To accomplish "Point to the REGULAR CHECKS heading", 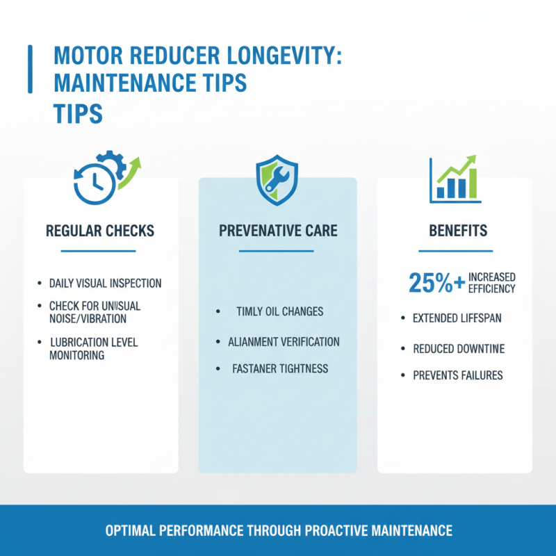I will click(x=100, y=231).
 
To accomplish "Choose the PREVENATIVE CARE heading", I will click(x=278, y=231).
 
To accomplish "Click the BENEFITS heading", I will click(x=455, y=231).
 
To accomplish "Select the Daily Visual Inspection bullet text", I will click(x=105, y=284).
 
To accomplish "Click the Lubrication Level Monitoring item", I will click(x=94, y=348).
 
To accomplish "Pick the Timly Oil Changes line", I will click(x=279, y=311).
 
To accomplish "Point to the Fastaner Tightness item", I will click(x=280, y=369).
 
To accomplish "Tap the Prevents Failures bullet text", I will click(x=457, y=375).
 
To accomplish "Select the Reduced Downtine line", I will click(x=459, y=348).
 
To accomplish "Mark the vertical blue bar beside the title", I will click(x=30, y=69).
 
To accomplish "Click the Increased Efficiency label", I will click(x=493, y=282).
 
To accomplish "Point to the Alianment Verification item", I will click(x=284, y=341).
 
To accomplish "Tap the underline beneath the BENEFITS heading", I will click(x=455, y=251).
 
